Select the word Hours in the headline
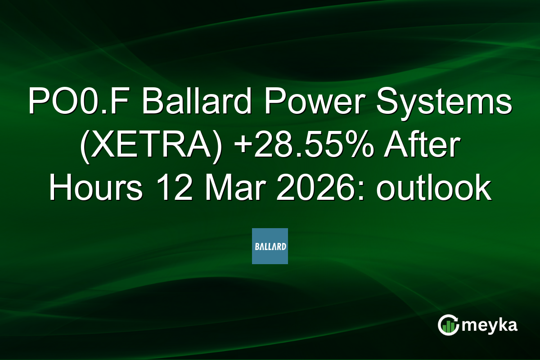(96, 189)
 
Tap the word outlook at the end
(433, 189)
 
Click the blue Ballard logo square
(270, 246)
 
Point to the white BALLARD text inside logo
(270, 247)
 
